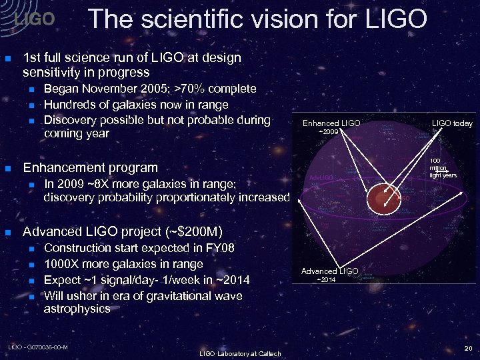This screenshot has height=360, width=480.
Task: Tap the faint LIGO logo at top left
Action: pos(34,19)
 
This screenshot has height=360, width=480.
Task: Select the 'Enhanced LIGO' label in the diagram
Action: pos(331,123)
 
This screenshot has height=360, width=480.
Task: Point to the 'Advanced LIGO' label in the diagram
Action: pos(329,271)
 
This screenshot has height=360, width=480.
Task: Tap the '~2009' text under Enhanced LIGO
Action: pos(330,132)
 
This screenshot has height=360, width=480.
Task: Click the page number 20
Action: pos(467,347)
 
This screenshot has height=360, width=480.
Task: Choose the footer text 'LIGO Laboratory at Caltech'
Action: pos(240,353)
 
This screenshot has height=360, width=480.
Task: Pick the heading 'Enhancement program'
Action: pos(90,167)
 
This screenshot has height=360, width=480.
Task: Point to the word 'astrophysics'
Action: pos(77,309)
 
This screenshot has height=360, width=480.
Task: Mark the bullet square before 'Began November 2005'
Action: pos(31,89)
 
